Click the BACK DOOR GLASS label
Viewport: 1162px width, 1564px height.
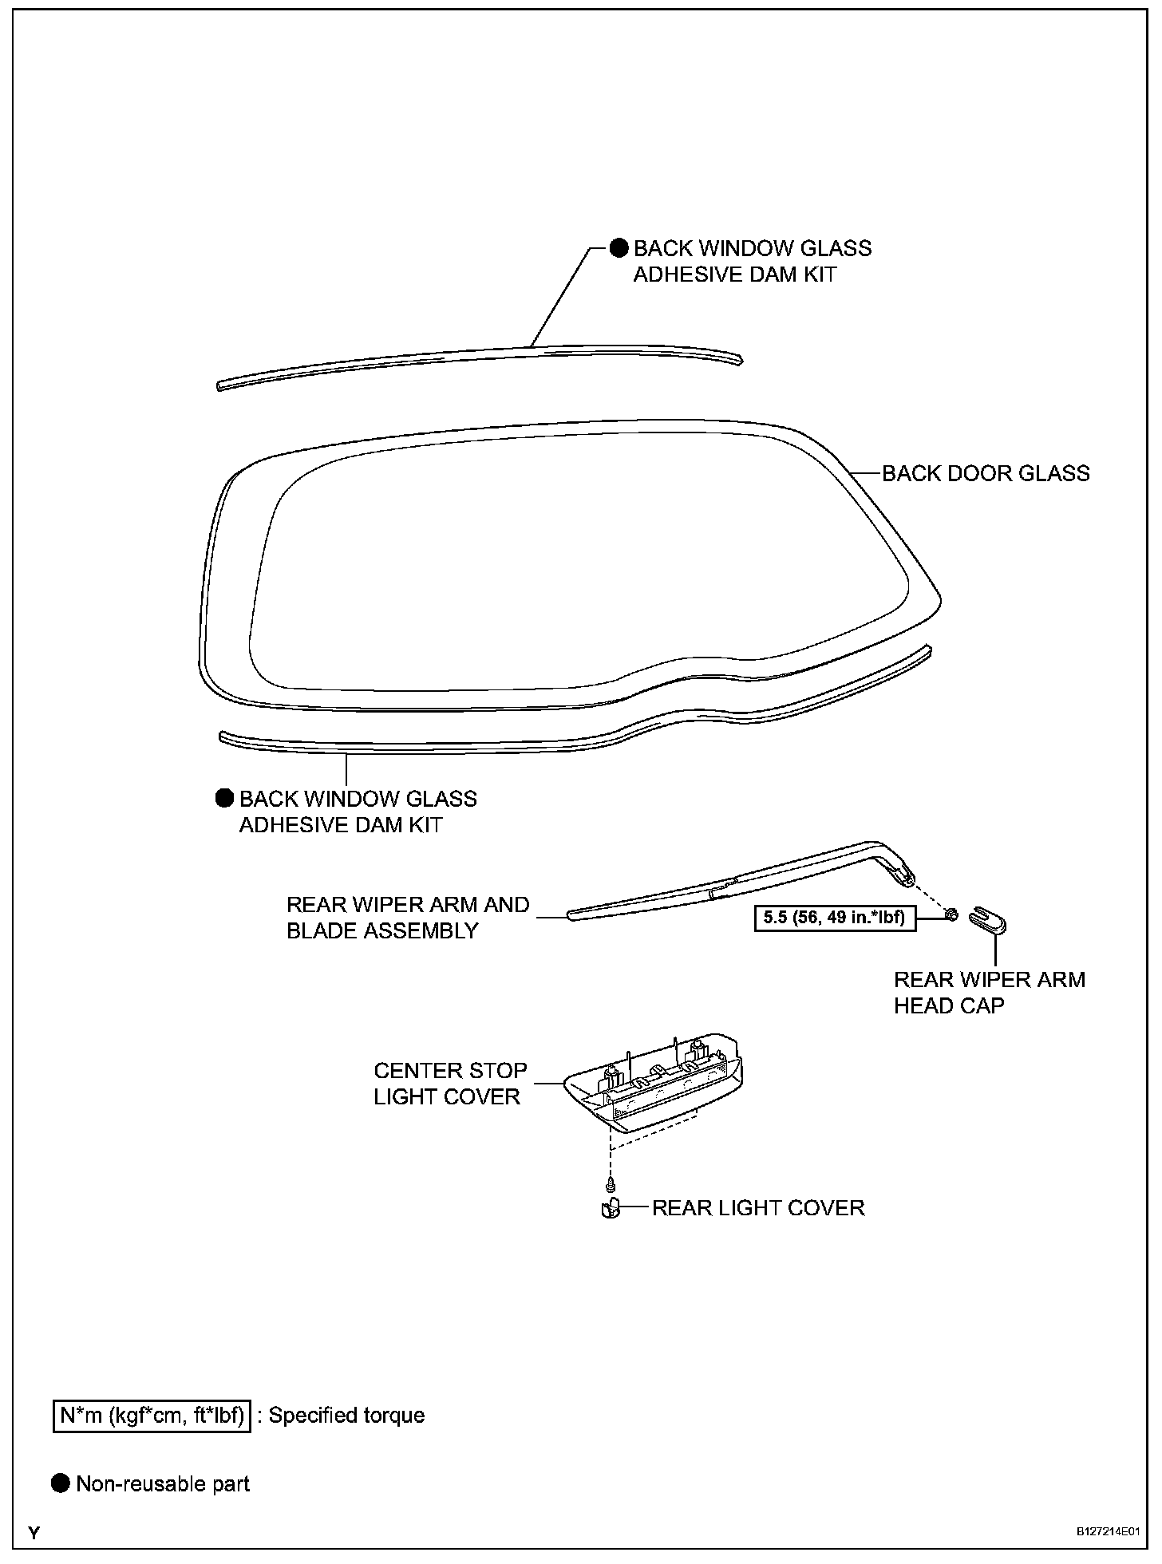pyautogui.click(x=985, y=473)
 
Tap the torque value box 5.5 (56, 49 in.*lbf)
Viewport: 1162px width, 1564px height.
pyautogui.click(x=834, y=918)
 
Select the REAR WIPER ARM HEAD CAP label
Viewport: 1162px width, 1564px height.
pyautogui.click(x=989, y=992)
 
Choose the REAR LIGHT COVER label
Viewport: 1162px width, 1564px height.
pyautogui.click(x=757, y=1208)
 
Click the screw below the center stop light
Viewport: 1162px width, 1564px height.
pyautogui.click(x=611, y=1183)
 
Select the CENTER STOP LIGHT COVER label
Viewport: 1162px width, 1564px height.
pyautogui.click(x=449, y=1083)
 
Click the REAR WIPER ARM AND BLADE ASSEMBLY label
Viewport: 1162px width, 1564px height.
pyautogui.click(x=407, y=918)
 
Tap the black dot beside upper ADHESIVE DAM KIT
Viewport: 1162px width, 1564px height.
pyautogui.click(x=619, y=248)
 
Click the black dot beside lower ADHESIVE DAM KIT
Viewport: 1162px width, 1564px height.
pyautogui.click(x=225, y=798)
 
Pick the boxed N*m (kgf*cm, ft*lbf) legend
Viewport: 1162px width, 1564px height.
pyautogui.click(x=152, y=1415)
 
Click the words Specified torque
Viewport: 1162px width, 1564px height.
pyautogui.click(x=346, y=1415)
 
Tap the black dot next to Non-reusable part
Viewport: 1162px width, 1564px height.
pyautogui.click(x=61, y=1484)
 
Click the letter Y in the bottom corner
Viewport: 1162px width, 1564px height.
pyautogui.click(x=34, y=1533)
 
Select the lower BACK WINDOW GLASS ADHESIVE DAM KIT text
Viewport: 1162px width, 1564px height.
pyautogui.click(x=358, y=812)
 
